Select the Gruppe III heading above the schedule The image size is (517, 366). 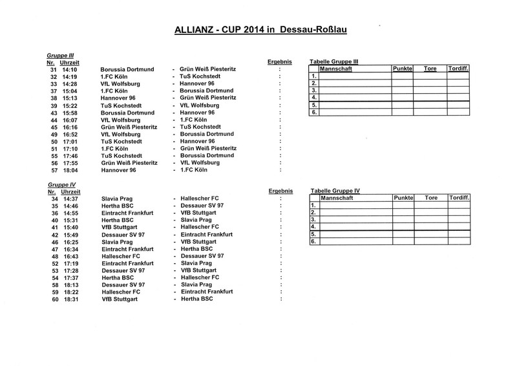[59, 56]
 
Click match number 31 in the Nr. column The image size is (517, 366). [54, 69]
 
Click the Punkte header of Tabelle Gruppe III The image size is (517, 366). [402, 69]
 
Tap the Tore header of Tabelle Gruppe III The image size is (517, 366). [430, 69]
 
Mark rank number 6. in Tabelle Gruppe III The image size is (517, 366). [313, 113]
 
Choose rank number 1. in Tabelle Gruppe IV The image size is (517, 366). [313, 205]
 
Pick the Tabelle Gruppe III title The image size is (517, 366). [335, 61]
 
